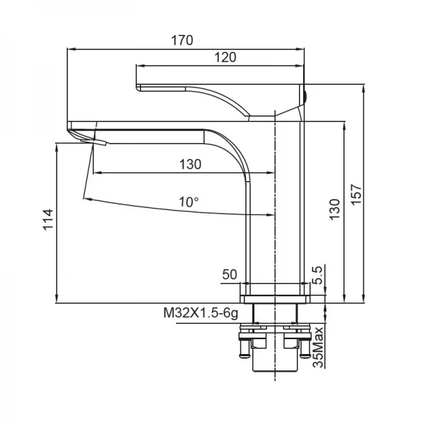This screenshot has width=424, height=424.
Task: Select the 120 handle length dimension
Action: [225, 57]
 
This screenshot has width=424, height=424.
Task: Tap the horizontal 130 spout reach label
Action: [190, 164]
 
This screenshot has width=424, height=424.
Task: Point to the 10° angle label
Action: [189, 201]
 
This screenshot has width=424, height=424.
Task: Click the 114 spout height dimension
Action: [47, 220]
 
